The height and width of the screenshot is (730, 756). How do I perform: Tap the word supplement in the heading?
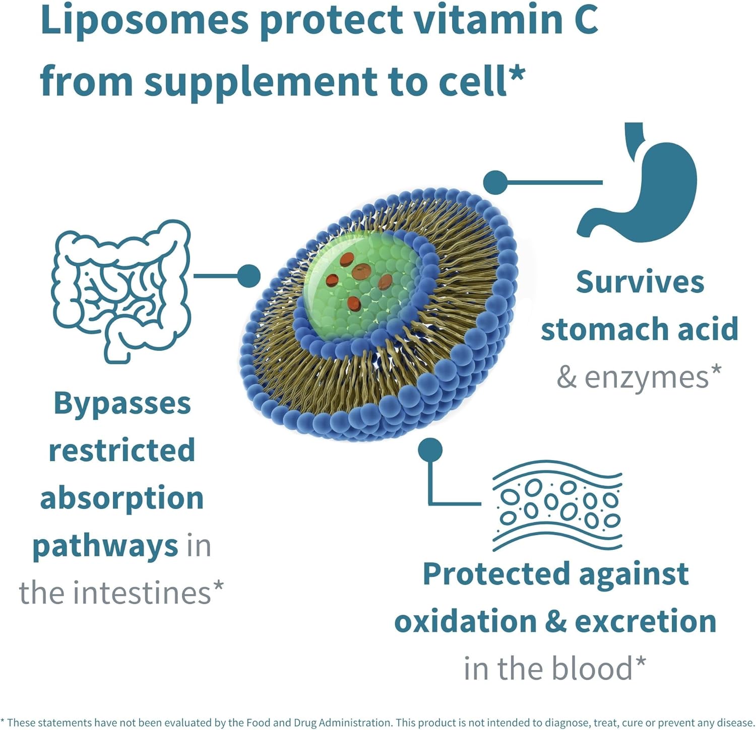pos(262,82)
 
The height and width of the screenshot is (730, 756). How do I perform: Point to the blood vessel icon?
pos(557,505)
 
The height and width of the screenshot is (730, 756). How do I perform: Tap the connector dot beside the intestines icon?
pos(248,276)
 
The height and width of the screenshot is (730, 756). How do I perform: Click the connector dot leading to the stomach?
pos(495,182)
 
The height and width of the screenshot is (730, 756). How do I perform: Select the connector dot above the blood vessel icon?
pos(430,450)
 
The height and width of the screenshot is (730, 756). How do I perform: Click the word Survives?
pos(640,282)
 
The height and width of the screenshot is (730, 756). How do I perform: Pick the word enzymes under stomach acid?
pos(647,378)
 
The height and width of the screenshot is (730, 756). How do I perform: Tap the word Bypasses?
pos(122,404)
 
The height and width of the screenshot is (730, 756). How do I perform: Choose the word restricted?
pos(121,451)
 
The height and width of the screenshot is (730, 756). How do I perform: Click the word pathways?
pos(105,546)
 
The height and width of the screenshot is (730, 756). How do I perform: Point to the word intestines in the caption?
pos(142,593)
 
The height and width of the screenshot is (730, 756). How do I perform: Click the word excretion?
pos(646,621)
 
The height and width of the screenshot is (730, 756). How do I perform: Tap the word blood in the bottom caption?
pos(592,669)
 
